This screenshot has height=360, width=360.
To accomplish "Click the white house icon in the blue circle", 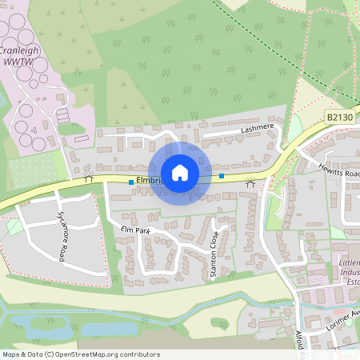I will [x=180, y=173].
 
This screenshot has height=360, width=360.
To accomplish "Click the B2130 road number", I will [x=339, y=117].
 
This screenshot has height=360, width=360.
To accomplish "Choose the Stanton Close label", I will [x=214, y=255].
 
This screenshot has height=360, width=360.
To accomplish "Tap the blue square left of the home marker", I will [x=130, y=182].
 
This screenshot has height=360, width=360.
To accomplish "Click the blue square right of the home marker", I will [x=222, y=175].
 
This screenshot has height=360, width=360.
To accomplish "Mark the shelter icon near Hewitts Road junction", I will [x=250, y=184].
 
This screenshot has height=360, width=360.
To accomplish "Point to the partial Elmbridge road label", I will [x=150, y=181].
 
